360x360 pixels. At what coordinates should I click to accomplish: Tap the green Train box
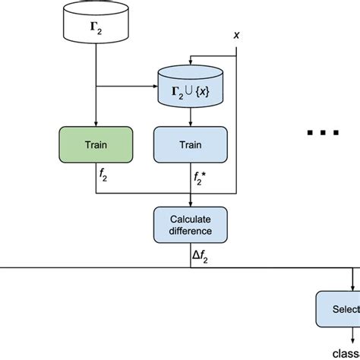coord(96,144)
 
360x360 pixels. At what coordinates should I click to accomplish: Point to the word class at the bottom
coord(346,352)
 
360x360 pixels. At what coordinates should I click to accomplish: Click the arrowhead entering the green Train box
coord(96,122)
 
